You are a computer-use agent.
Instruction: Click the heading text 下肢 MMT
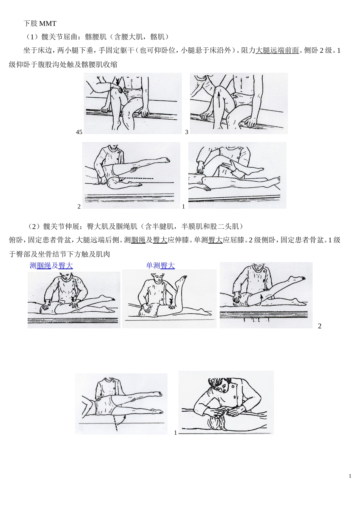click(x=40, y=23)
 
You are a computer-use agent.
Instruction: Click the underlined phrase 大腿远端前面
click(x=277, y=50)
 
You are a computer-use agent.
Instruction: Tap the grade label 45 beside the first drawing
click(x=79, y=132)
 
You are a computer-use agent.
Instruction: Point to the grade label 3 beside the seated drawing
click(x=186, y=132)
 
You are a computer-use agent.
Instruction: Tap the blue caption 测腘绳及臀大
click(x=51, y=266)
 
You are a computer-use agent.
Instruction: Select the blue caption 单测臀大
click(x=160, y=266)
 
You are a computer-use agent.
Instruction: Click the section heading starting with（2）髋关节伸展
click(x=135, y=226)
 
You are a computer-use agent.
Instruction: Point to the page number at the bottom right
click(x=350, y=476)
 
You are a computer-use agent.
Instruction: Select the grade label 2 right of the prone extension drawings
click(x=319, y=326)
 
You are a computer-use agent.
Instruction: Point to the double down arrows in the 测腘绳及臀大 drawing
click(x=74, y=299)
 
